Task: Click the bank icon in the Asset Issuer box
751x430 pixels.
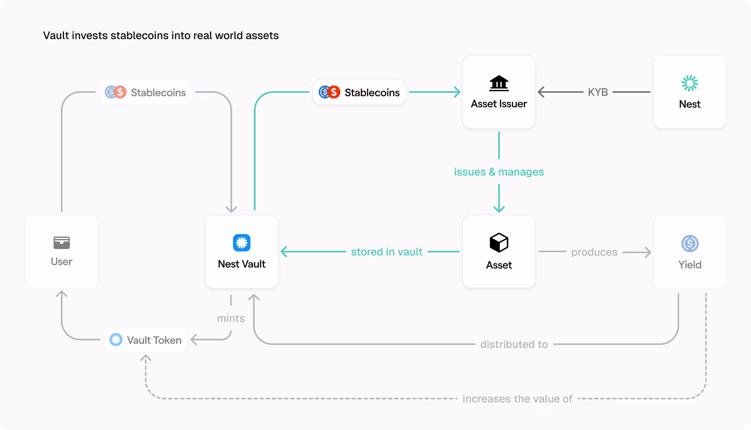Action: pyautogui.click(x=498, y=83)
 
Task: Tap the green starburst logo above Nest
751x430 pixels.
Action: pyautogui.click(x=689, y=83)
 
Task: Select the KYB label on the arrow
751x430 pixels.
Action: pyautogui.click(x=598, y=92)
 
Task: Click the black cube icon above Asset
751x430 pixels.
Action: pyautogui.click(x=498, y=243)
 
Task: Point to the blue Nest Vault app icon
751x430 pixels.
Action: pyautogui.click(x=241, y=243)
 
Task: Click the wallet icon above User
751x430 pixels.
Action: pyautogui.click(x=61, y=243)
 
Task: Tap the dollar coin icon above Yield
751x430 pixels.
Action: pyautogui.click(x=690, y=243)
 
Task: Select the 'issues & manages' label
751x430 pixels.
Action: pyautogui.click(x=498, y=172)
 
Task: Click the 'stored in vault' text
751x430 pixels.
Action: pyautogui.click(x=386, y=252)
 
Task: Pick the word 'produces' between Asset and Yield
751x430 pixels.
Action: pyautogui.click(x=594, y=252)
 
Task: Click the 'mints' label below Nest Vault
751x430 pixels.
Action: pyautogui.click(x=231, y=318)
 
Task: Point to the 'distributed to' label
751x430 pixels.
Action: pyautogui.click(x=514, y=344)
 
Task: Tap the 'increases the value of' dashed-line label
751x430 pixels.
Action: pyautogui.click(x=517, y=399)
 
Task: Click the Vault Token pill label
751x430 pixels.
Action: pyautogui.click(x=146, y=340)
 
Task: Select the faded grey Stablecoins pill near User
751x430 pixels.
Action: pyautogui.click(x=145, y=92)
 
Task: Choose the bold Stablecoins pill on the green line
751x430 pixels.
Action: pyautogui.click(x=359, y=92)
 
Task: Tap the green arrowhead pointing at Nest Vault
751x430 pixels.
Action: pyautogui.click(x=284, y=252)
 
